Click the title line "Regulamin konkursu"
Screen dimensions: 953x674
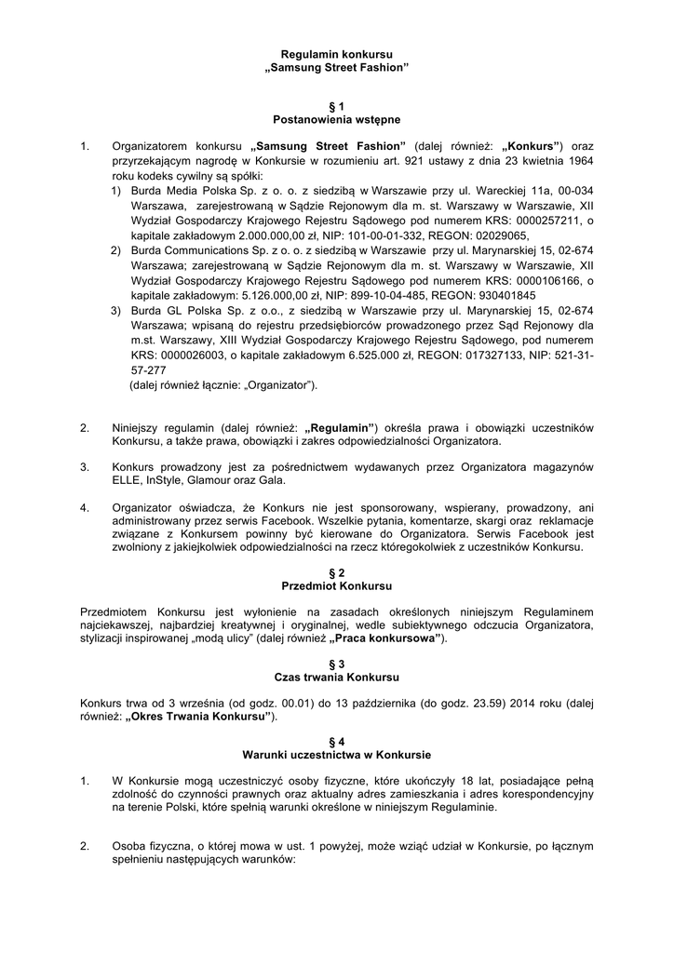coord(337,56)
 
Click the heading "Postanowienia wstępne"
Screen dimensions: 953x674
coord(337,120)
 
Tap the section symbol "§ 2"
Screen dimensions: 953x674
coord(337,572)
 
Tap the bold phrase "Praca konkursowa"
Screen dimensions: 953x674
coord(386,639)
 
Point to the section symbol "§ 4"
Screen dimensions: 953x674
coord(337,741)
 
